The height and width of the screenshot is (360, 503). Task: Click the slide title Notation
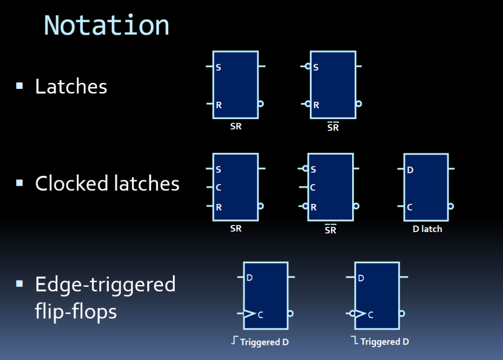[x=106, y=25]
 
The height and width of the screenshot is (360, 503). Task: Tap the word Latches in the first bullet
[x=71, y=86]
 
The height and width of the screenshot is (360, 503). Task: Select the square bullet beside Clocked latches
[x=20, y=183]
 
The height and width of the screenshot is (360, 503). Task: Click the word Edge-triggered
[x=105, y=285]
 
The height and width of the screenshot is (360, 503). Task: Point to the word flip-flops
[x=76, y=311]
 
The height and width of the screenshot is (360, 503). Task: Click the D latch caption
[x=427, y=229]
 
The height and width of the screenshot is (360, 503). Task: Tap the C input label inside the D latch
[x=409, y=207]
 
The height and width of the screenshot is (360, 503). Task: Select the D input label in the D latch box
[x=410, y=170]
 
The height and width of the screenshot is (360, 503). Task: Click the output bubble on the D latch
[x=451, y=206]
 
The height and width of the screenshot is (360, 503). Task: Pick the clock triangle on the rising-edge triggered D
[x=249, y=314]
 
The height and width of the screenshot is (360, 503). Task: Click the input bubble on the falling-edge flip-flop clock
[x=352, y=314]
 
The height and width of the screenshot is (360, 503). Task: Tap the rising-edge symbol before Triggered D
[x=235, y=340]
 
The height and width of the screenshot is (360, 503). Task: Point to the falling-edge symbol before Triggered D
[x=354, y=340]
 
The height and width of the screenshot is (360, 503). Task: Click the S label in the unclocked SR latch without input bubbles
[x=218, y=67]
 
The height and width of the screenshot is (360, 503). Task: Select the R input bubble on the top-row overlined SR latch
[x=308, y=104]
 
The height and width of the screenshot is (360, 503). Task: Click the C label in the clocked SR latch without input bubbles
[x=218, y=188]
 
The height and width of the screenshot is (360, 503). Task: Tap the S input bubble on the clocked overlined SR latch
[x=305, y=168]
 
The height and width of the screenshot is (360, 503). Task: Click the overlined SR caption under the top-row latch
[x=333, y=127]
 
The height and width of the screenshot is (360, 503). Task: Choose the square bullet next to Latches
[x=20, y=86]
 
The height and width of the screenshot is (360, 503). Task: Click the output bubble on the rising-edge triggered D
[x=290, y=314]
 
